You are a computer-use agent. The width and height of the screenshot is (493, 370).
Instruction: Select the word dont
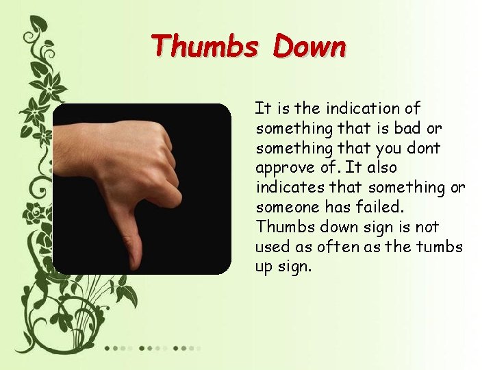click(x=425, y=148)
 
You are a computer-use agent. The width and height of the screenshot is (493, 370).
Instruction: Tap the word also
click(x=382, y=168)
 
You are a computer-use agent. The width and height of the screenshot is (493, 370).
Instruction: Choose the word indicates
click(x=286, y=187)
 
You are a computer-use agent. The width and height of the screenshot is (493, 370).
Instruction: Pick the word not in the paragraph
click(x=427, y=227)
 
